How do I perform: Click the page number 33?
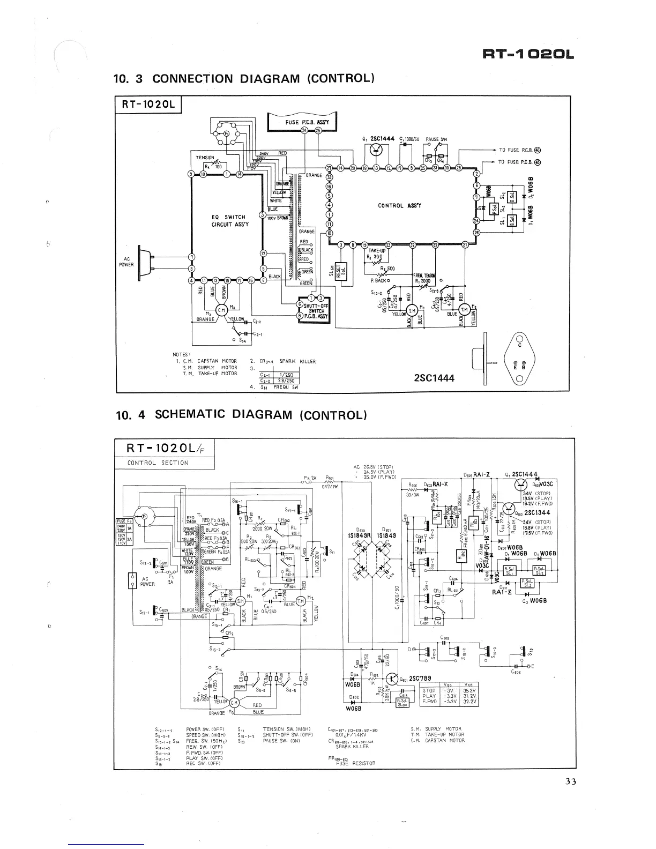(x=570, y=781)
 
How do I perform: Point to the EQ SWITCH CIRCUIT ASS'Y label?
(x=228, y=221)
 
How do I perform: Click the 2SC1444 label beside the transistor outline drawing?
(x=434, y=378)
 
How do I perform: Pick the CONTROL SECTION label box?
(x=158, y=463)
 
